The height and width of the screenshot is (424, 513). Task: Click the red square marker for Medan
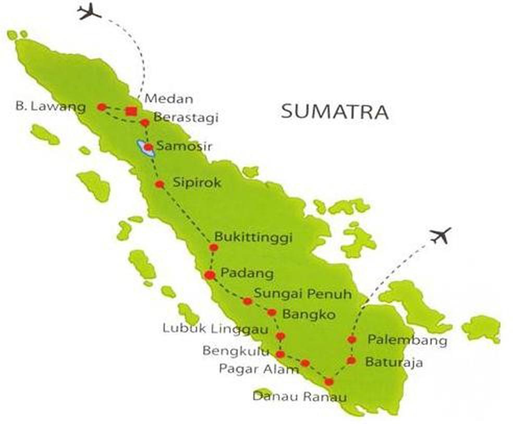[131, 111]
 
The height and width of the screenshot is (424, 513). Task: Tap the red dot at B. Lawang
[102, 107]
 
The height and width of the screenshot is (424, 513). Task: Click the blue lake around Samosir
[142, 148]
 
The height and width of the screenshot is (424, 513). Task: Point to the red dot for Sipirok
[160, 184]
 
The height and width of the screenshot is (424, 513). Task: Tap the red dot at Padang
[210, 275]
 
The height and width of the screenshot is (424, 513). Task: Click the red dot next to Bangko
[272, 313]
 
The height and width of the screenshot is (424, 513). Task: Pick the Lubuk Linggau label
[215, 329]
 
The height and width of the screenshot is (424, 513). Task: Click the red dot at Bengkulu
[280, 354]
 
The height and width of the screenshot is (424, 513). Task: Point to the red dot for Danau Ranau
[328, 382]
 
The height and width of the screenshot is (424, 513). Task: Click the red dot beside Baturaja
[351, 360]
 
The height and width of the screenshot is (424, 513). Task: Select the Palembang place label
[407, 340]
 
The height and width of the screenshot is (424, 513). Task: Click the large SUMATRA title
[335, 112]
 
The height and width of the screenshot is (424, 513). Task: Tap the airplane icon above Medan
[89, 11]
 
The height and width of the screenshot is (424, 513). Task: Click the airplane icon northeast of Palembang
[441, 236]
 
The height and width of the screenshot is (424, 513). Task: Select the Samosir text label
[184, 147]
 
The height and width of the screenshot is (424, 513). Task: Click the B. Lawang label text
[51, 108]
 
